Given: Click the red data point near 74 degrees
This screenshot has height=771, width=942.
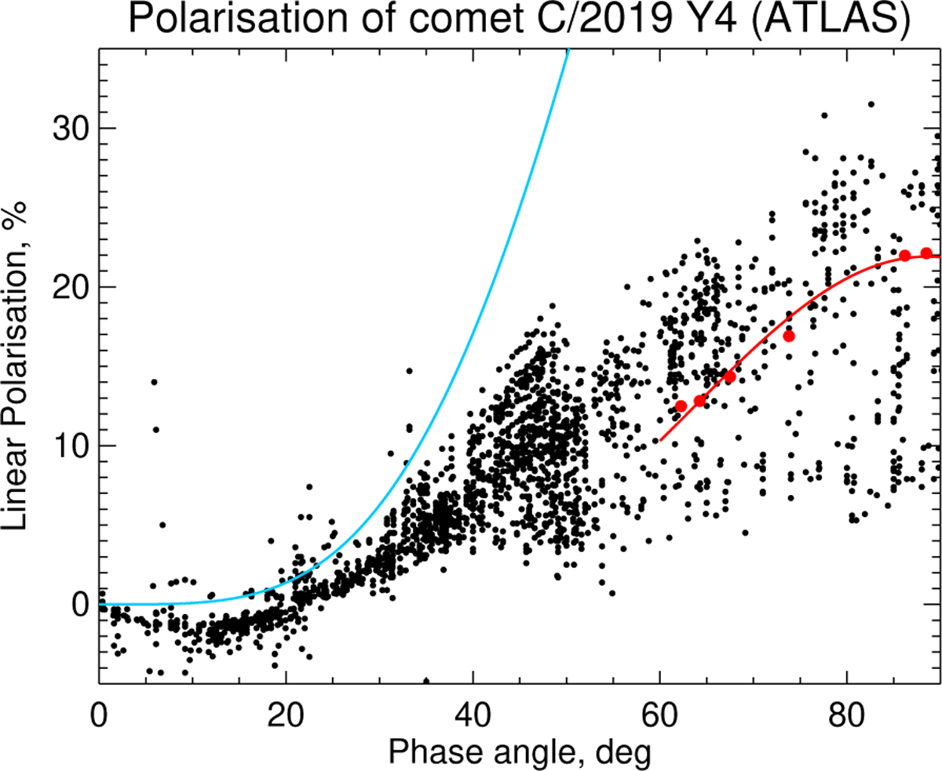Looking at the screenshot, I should tap(789, 336).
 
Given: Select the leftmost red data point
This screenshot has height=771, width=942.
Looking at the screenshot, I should tap(681, 406).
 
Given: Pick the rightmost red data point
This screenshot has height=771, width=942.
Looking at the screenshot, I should tap(926, 253).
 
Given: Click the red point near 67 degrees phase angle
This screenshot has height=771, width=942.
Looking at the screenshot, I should tap(729, 376).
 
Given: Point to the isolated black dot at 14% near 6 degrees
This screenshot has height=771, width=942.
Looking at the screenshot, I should tap(154, 382).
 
